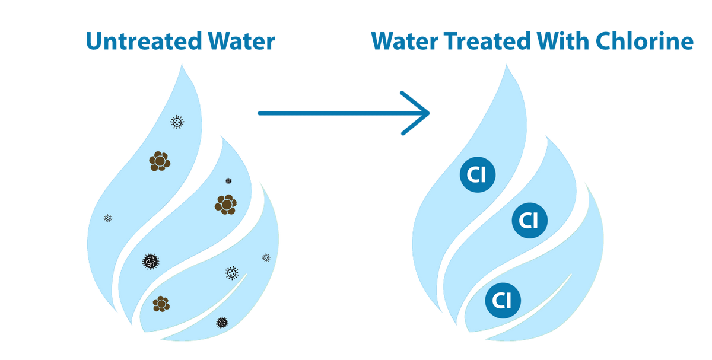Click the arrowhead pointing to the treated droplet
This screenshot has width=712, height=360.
[418, 113]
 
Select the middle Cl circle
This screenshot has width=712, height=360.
[528, 221]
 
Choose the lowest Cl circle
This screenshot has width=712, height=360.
[502, 301]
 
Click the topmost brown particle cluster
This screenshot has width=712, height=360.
[160, 161]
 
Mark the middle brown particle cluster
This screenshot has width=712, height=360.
[225, 205]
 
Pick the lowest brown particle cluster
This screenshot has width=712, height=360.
[161, 304]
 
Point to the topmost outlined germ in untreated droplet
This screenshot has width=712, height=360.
[177, 122]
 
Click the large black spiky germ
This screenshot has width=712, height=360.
[151, 260]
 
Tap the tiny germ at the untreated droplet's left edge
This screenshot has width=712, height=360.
[108, 218]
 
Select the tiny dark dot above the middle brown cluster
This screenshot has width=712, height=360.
[228, 181]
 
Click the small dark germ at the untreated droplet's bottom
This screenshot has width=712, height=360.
[222, 323]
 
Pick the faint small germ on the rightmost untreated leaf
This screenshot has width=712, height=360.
[266, 257]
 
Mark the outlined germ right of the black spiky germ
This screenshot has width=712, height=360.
[232, 273]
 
